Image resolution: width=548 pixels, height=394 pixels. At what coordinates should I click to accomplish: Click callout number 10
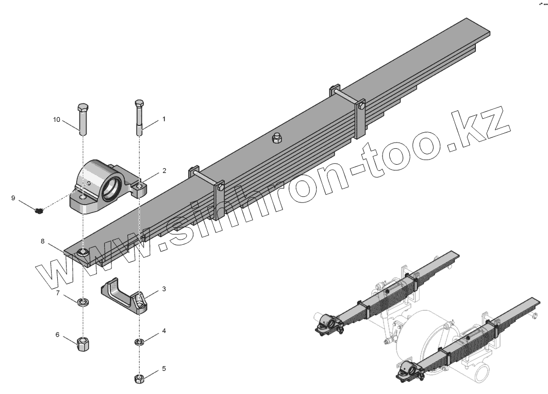pyautogui.click(x=57, y=120)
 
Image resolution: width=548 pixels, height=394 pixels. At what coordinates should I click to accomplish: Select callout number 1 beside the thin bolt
pyautogui.click(x=164, y=119)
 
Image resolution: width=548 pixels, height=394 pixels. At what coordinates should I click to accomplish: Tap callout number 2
pyautogui.click(x=164, y=170)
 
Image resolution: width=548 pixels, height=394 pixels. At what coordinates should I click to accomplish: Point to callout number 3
pyautogui.click(x=164, y=289)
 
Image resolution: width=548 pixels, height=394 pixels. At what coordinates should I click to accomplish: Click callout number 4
pyautogui.click(x=164, y=330)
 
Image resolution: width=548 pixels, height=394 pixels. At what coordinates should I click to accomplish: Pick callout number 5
pyautogui.click(x=164, y=369)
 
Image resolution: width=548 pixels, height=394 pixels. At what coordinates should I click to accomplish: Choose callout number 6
pyautogui.click(x=58, y=335)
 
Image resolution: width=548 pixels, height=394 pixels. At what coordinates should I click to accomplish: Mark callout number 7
pyautogui.click(x=58, y=293)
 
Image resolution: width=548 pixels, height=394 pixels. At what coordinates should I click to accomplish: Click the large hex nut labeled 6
pyautogui.click(x=82, y=343)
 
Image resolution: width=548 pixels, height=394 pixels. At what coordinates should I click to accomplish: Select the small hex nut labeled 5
pyautogui.click(x=139, y=379)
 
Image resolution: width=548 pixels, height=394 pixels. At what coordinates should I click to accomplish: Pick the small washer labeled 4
pyautogui.click(x=139, y=341)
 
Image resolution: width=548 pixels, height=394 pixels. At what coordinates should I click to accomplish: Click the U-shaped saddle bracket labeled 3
pyautogui.click(x=124, y=297)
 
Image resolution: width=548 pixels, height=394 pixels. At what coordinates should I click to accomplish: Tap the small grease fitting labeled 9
pyautogui.click(x=38, y=210)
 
